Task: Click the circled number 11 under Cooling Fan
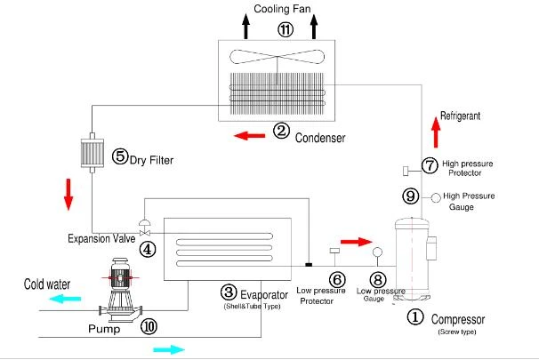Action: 286,29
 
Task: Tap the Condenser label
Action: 320,138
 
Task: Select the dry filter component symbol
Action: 93,153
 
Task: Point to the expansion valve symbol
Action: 144,228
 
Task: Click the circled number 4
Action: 148,250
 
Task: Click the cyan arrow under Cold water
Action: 65,299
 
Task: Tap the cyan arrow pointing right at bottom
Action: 169,349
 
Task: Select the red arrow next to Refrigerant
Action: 436,132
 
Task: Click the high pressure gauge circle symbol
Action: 436,198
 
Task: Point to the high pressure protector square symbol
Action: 406,171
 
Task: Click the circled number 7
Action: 430,166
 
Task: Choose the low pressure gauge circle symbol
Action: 377,252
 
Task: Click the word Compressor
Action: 458,319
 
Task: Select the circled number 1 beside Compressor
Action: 415,316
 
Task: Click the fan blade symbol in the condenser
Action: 278,57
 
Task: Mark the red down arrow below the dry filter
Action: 68,195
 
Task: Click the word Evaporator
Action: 264,295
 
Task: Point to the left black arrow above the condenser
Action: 245,26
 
